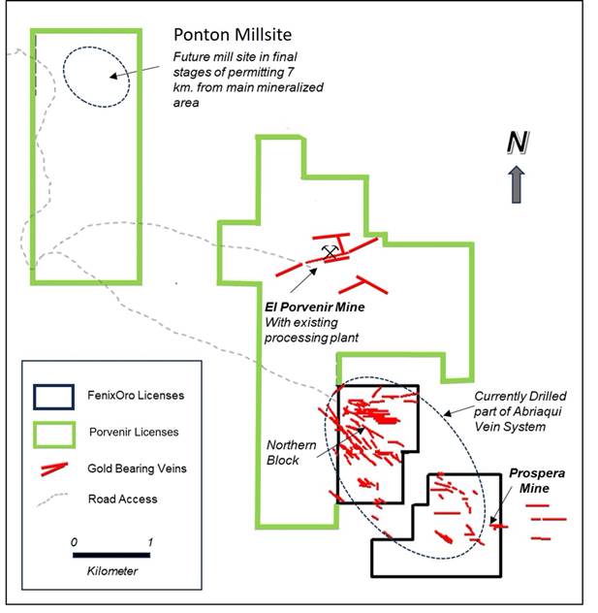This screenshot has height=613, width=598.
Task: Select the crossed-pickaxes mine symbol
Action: (x=330, y=252)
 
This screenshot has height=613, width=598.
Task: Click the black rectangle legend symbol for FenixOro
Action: (x=53, y=397)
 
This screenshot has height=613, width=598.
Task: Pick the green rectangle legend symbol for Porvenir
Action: (x=53, y=432)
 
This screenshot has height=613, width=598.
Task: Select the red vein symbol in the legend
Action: (x=53, y=468)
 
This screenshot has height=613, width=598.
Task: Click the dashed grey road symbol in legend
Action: (x=53, y=500)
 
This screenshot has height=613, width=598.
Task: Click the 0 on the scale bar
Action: (x=75, y=540)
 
